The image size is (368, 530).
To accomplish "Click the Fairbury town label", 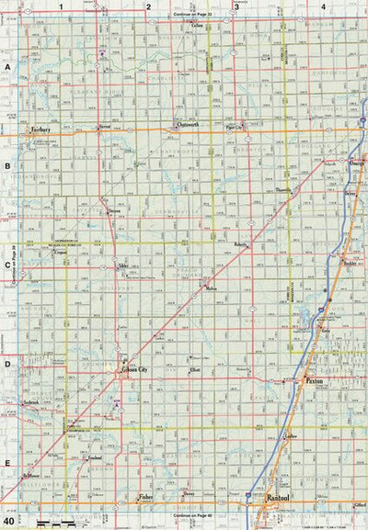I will pyautogui.click(x=39, y=130).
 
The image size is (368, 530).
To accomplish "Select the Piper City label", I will pyautogui.click(x=237, y=128).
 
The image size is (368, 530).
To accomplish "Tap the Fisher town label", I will pyautogui.click(x=145, y=496).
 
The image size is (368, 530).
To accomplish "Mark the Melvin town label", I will pyautogui.click(x=213, y=289).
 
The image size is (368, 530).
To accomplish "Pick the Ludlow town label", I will pyautogui.click(x=293, y=434).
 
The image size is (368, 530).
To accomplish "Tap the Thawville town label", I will pyautogui.click(x=282, y=190).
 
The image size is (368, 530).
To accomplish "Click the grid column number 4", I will pyautogui.click(x=323, y=6).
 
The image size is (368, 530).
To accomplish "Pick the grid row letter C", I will pyautogui.click(x=7, y=266).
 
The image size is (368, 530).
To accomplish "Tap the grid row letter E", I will pyautogui.click(x=7, y=463).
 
